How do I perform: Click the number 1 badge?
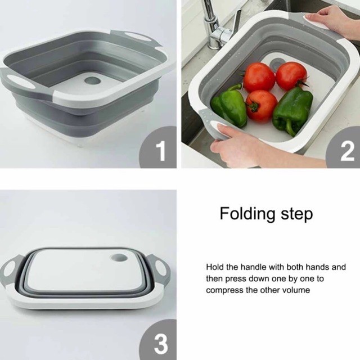159,148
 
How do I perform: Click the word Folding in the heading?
247,214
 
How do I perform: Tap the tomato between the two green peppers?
261,106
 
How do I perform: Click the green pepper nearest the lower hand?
229,106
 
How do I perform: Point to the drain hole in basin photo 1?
92,80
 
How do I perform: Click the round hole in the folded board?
119,258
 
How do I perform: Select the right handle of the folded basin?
159,269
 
